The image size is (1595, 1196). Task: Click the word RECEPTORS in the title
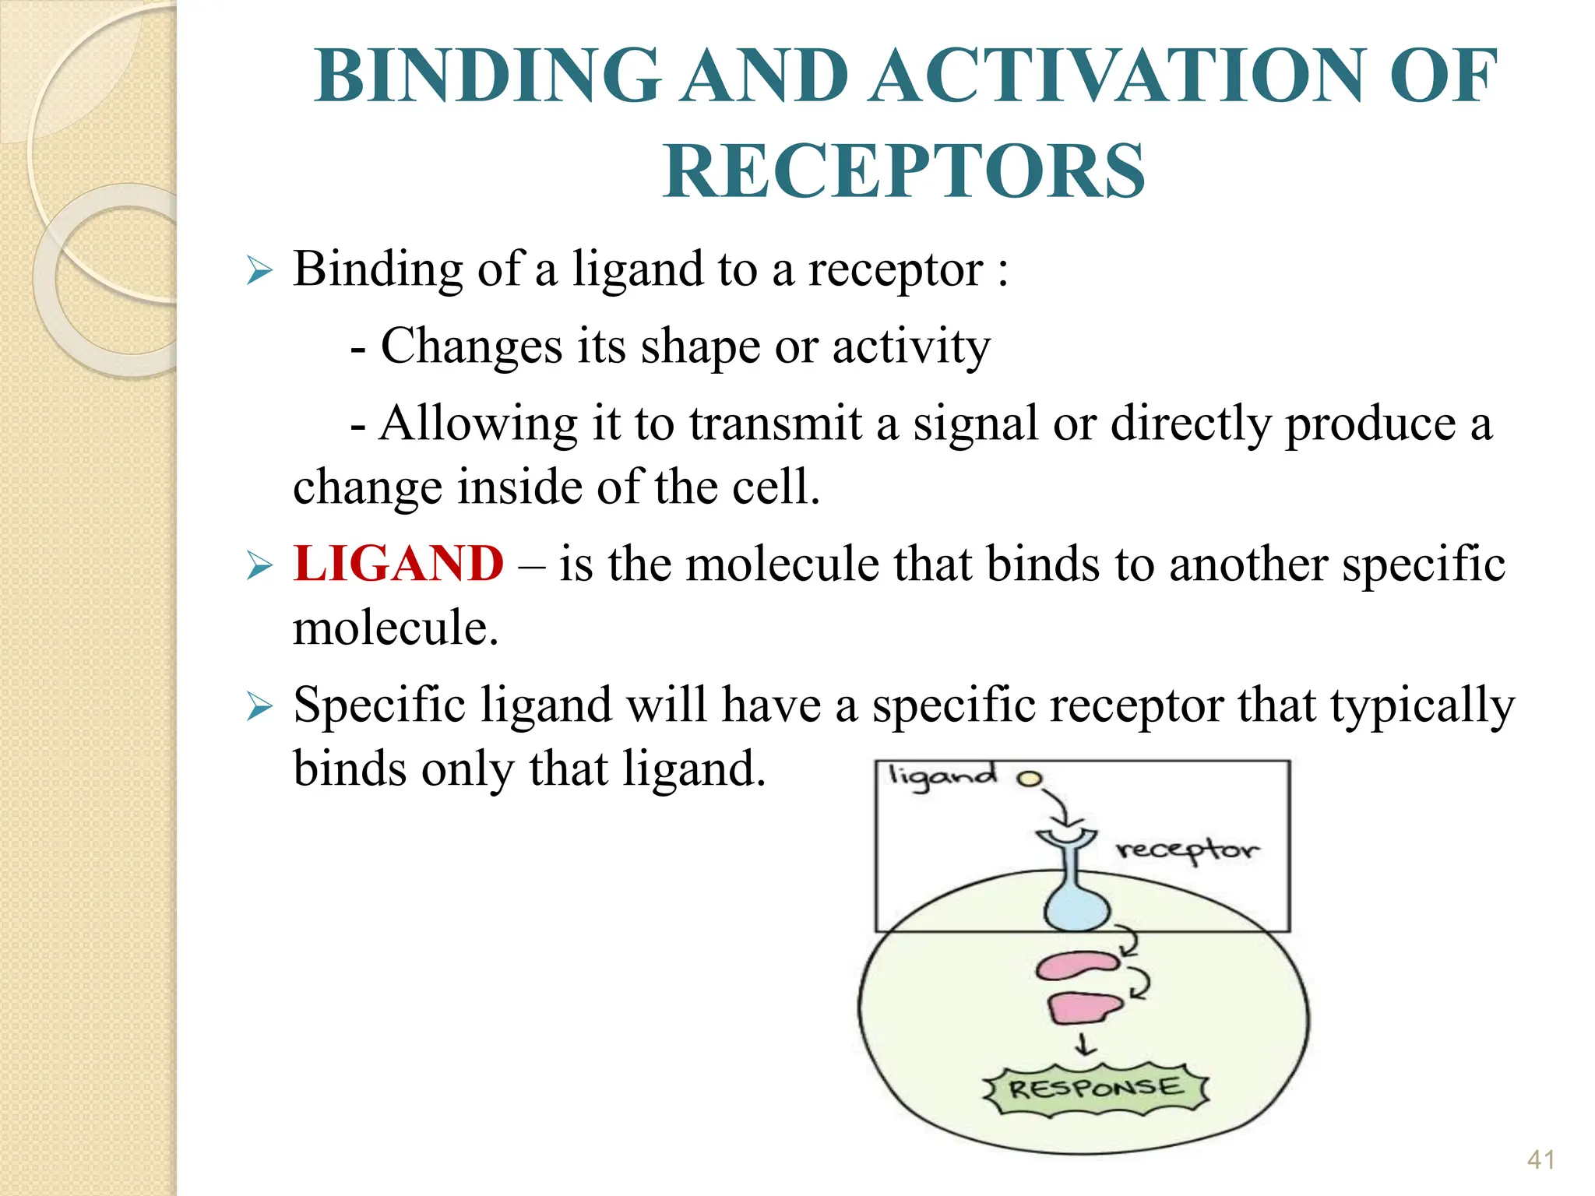[903, 171]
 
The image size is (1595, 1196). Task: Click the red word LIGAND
[399, 564]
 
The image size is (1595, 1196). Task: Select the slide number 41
[1540, 1159]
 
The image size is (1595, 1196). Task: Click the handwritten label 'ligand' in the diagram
[942, 777]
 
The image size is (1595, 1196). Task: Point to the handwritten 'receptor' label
[1187, 850]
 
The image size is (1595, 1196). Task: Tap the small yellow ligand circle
[1030, 778]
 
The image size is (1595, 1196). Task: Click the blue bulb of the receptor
[1077, 908]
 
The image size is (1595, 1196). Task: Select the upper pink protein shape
[1078, 966]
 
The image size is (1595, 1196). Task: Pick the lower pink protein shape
[1083, 1008]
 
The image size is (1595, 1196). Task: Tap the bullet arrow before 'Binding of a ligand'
[259, 272]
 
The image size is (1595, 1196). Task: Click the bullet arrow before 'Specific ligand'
[259, 707]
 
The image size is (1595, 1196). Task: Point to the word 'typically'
[1422, 705]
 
